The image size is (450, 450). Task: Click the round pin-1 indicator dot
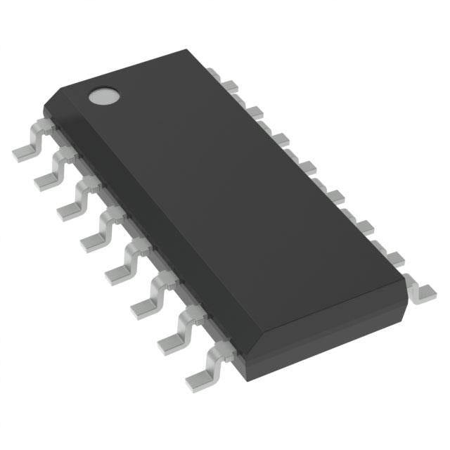click(x=103, y=96)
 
